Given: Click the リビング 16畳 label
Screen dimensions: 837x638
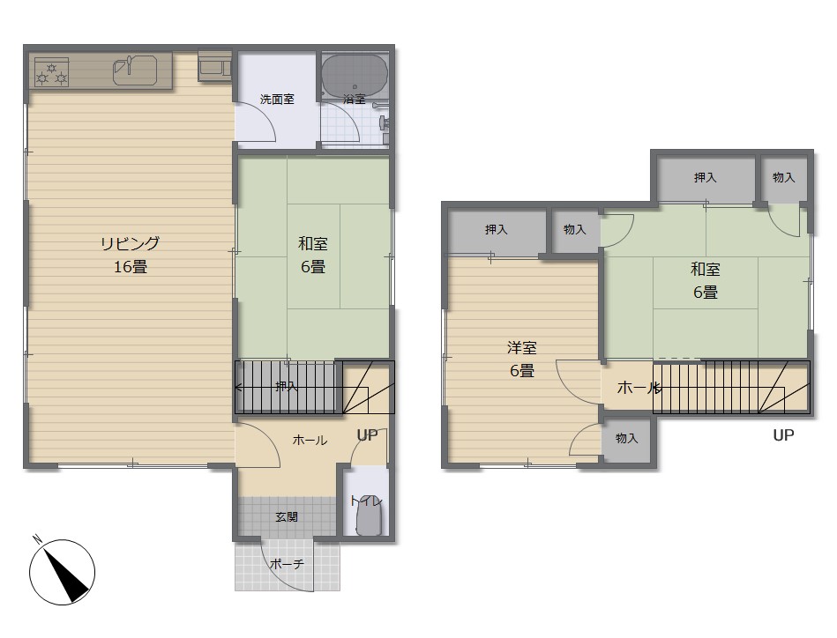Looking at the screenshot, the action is point(131,255).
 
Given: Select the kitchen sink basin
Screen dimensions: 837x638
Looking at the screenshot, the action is point(135,70).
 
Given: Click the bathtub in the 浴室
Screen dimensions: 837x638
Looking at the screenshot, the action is point(355,74).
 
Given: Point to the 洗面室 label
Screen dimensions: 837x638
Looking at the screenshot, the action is point(277,100).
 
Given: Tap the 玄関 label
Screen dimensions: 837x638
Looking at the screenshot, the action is point(287,517).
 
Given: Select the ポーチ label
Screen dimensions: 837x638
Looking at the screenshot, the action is point(287,563).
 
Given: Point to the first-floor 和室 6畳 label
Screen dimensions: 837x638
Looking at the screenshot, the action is point(313,255).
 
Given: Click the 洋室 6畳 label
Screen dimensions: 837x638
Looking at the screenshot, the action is point(521,359).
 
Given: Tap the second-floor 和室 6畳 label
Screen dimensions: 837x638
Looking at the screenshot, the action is point(706,280).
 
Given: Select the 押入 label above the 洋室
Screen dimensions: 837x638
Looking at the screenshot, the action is point(496,230).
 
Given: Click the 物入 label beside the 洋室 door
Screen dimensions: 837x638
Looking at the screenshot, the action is point(627,438).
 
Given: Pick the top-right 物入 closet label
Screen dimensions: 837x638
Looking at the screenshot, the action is point(783,178).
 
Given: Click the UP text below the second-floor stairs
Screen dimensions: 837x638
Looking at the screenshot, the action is point(783,435).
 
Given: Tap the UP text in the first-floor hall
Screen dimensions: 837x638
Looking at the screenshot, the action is point(367,435).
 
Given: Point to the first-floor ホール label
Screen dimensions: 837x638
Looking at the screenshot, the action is point(310,441).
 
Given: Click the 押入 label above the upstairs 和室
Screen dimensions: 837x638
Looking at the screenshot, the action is point(706,178).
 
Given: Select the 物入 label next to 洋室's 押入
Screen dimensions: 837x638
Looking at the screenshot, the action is point(575,230).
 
